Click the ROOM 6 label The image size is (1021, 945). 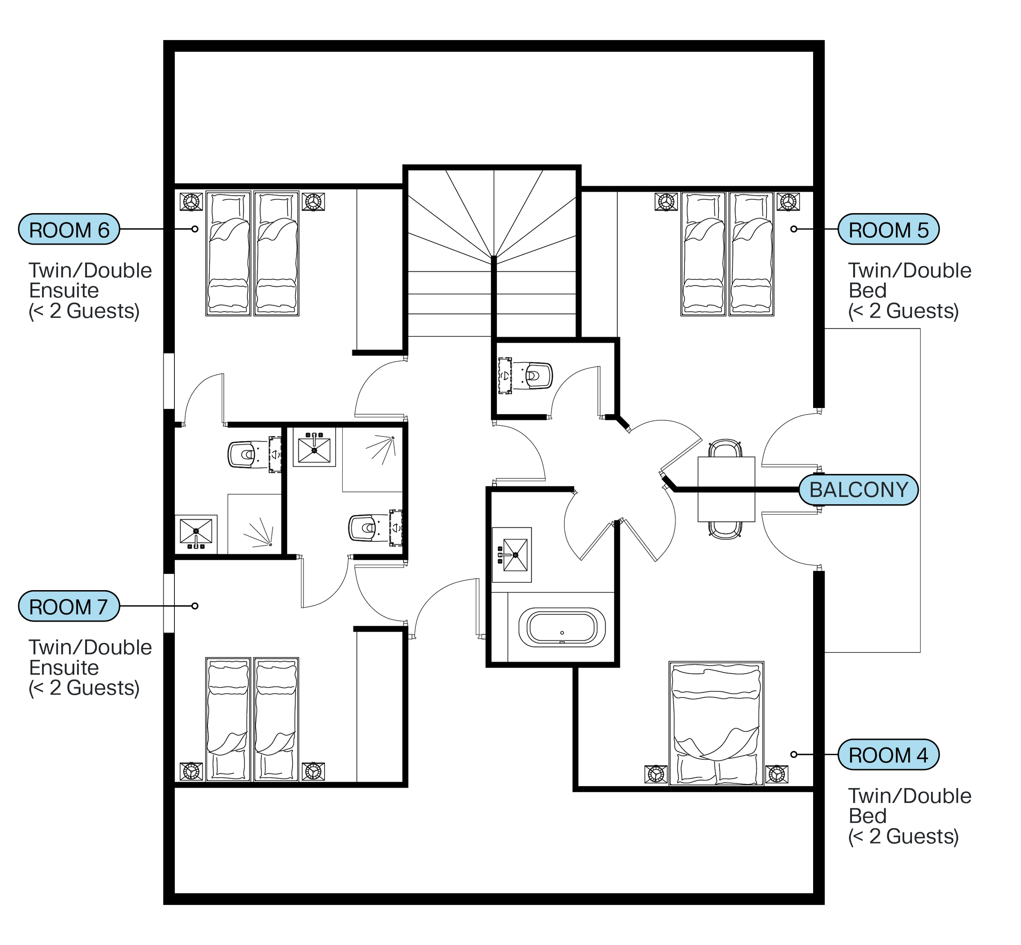(x=69, y=230)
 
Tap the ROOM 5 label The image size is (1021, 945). (x=888, y=230)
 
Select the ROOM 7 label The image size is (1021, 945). (x=69, y=606)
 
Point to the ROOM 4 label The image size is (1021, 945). (x=888, y=754)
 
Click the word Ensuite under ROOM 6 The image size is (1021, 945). (x=64, y=290)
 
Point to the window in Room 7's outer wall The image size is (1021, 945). (x=169, y=604)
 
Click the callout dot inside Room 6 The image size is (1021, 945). (x=195, y=229)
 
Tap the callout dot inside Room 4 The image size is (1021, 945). (x=794, y=754)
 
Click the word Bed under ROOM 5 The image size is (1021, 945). (x=867, y=290)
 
